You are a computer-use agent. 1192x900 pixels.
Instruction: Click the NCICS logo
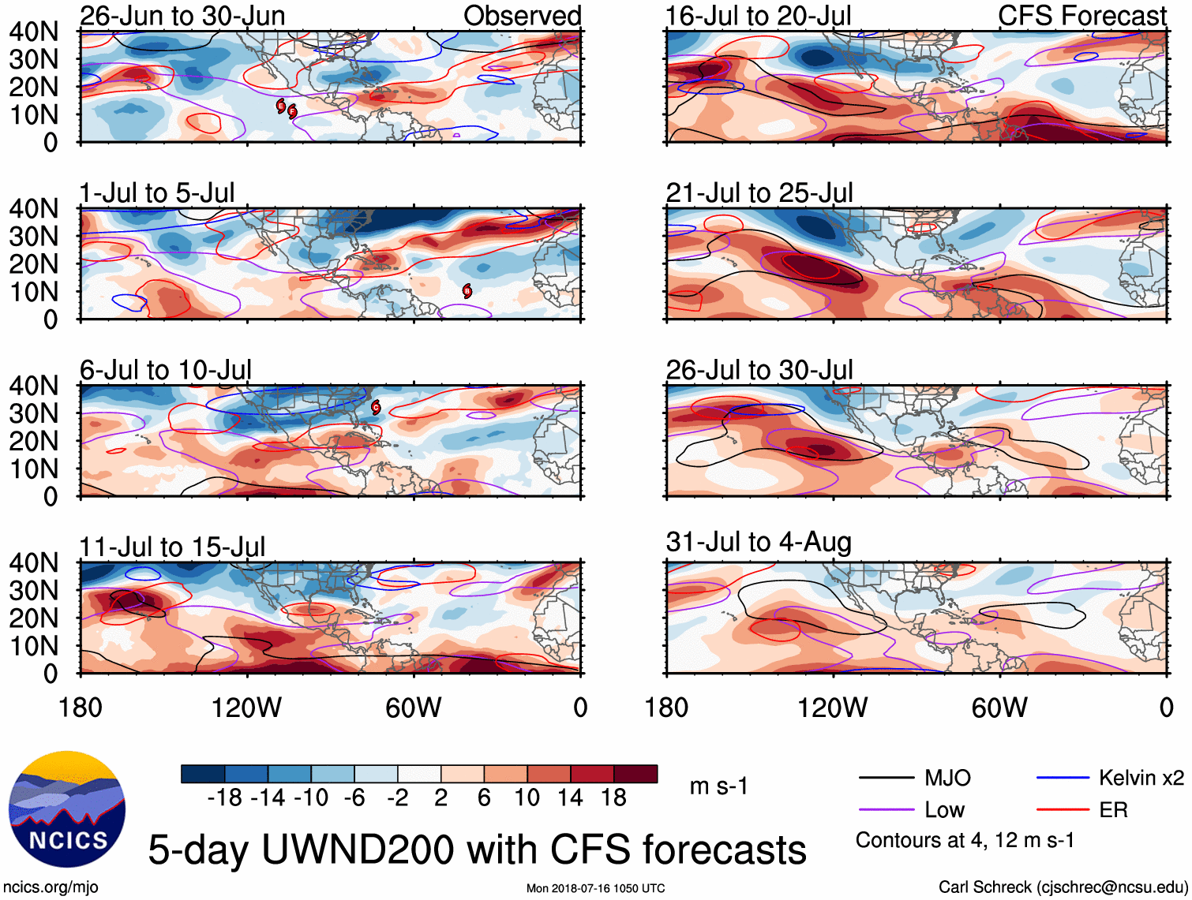coord(67,809)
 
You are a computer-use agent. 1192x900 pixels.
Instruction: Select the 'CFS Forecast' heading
coord(1081,16)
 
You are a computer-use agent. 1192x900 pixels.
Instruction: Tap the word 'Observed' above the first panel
coord(522,16)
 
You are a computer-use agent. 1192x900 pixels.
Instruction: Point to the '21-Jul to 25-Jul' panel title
coord(759,192)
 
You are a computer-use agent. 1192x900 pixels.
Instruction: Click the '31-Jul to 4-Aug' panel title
coord(759,542)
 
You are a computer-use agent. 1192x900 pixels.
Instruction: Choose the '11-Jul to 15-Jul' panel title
coord(172,547)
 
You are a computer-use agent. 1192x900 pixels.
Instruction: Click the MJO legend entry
coord(947,778)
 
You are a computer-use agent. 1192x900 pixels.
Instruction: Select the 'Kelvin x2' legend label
coord(1141,778)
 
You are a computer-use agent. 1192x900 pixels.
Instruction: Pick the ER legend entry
coord(1113,810)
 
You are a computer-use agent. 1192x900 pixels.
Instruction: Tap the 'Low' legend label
coord(944,810)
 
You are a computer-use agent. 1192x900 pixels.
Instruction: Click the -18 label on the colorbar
coord(224,798)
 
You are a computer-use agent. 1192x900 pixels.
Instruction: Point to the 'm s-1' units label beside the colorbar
coord(718,786)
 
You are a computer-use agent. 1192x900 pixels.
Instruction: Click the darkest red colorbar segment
coord(635,774)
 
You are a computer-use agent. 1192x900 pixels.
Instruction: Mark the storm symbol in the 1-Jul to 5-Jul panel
coord(467,291)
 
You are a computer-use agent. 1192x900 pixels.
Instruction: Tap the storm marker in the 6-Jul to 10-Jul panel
coord(377,408)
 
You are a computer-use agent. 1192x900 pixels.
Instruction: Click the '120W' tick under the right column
coord(832,708)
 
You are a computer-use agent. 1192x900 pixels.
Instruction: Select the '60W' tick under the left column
coord(413,708)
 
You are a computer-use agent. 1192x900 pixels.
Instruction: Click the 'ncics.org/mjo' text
coord(51,887)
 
